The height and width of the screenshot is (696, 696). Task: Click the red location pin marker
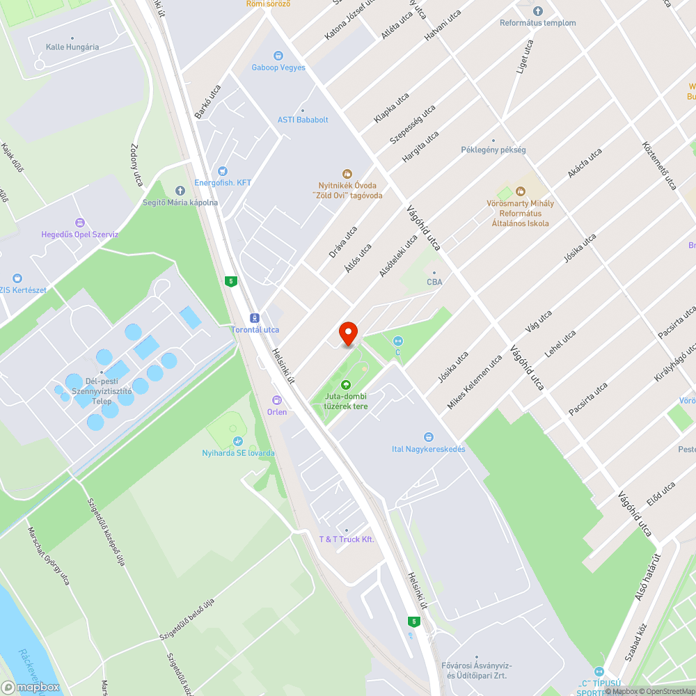[x=347, y=333]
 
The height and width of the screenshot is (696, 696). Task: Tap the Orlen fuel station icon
[x=277, y=400]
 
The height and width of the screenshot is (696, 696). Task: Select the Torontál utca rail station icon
[x=255, y=317]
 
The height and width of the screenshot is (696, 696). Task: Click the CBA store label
[x=434, y=282]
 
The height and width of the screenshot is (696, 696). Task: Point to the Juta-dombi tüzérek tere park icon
[x=345, y=385]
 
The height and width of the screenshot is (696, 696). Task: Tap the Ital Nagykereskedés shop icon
[x=429, y=437]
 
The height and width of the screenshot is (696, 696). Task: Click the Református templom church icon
[x=537, y=11]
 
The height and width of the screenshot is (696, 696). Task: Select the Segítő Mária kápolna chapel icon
[x=180, y=190]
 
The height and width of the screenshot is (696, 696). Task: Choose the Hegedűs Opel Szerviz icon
[x=79, y=223]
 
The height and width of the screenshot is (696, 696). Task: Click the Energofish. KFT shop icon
[x=223, y=171]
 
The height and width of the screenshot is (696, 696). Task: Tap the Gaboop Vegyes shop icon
[x=278, y=56]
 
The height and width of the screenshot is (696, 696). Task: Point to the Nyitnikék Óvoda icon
[x=347, y=173]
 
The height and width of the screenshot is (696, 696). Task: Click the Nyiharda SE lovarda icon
[x=238, y=441]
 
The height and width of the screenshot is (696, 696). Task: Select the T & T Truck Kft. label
[x=347, y=539]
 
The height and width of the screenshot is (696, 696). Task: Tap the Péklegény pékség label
[x=493, y=150]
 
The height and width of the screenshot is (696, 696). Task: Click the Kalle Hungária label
[x=72, y=47]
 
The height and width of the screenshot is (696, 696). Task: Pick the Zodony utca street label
[x=136, y=165]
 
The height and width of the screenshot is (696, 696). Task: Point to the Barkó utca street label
[x=207, y=102]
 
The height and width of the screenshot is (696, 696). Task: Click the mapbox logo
[x=31, y=687]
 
